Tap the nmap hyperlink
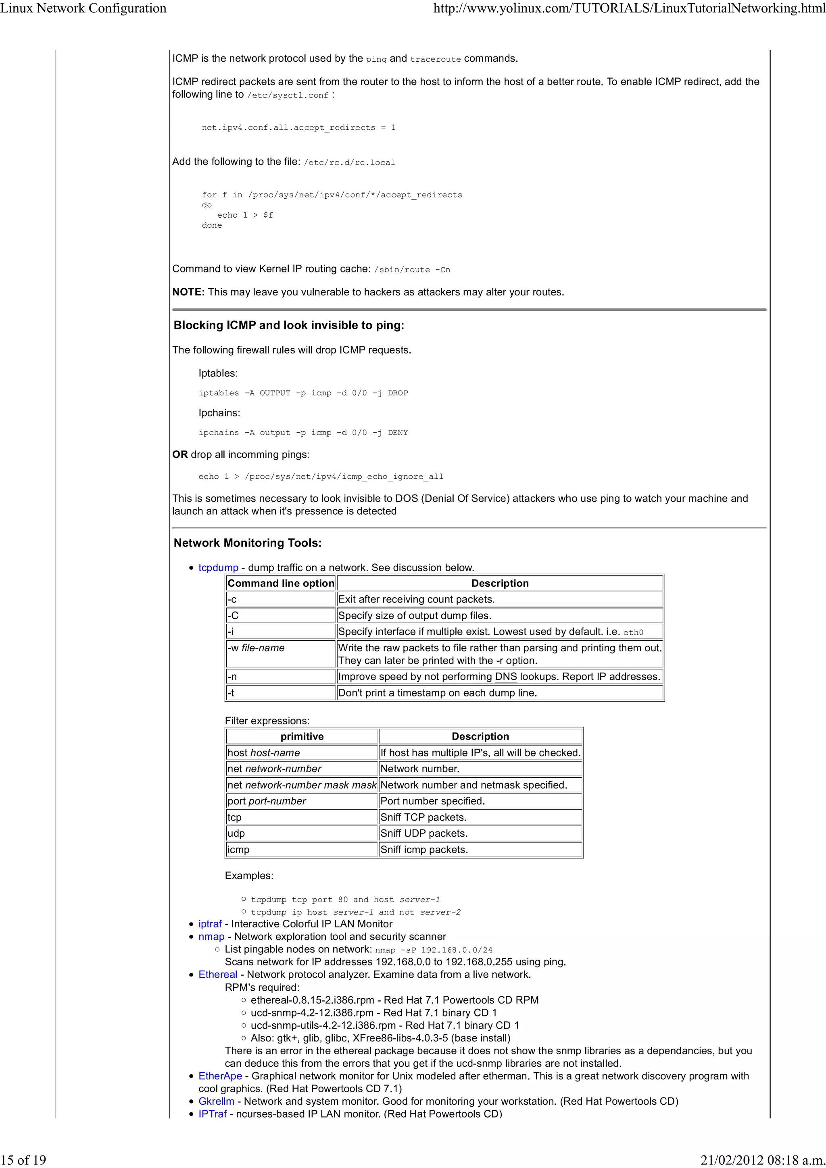tap(211, 937)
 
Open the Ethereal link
tap(217, 974)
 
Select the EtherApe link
tap(220, 1076)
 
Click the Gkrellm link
tap(216, 1101)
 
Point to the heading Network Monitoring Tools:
tap(247, 543)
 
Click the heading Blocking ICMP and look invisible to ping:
tap(288, 325)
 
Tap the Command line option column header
tap(280, 583)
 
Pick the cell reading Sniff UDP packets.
tap(423, 833)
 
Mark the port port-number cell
tap(267, 801)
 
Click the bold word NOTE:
tap(188, 292)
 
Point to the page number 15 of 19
tap(23, 1160)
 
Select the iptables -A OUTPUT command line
tap(303, 393)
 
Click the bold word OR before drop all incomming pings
tap(179, 454)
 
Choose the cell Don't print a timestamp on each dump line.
tap(437, 693)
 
